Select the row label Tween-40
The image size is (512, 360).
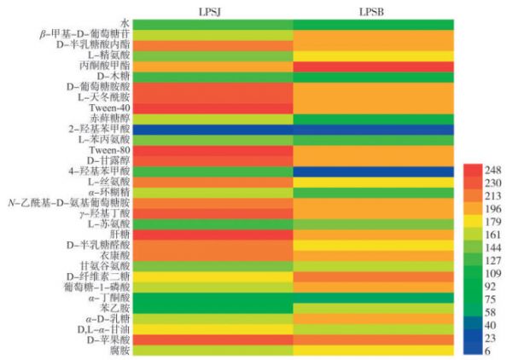point(110,107)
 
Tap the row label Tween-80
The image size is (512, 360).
point(110,150)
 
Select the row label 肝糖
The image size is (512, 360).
point(119,233)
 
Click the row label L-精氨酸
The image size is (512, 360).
point(109,55)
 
